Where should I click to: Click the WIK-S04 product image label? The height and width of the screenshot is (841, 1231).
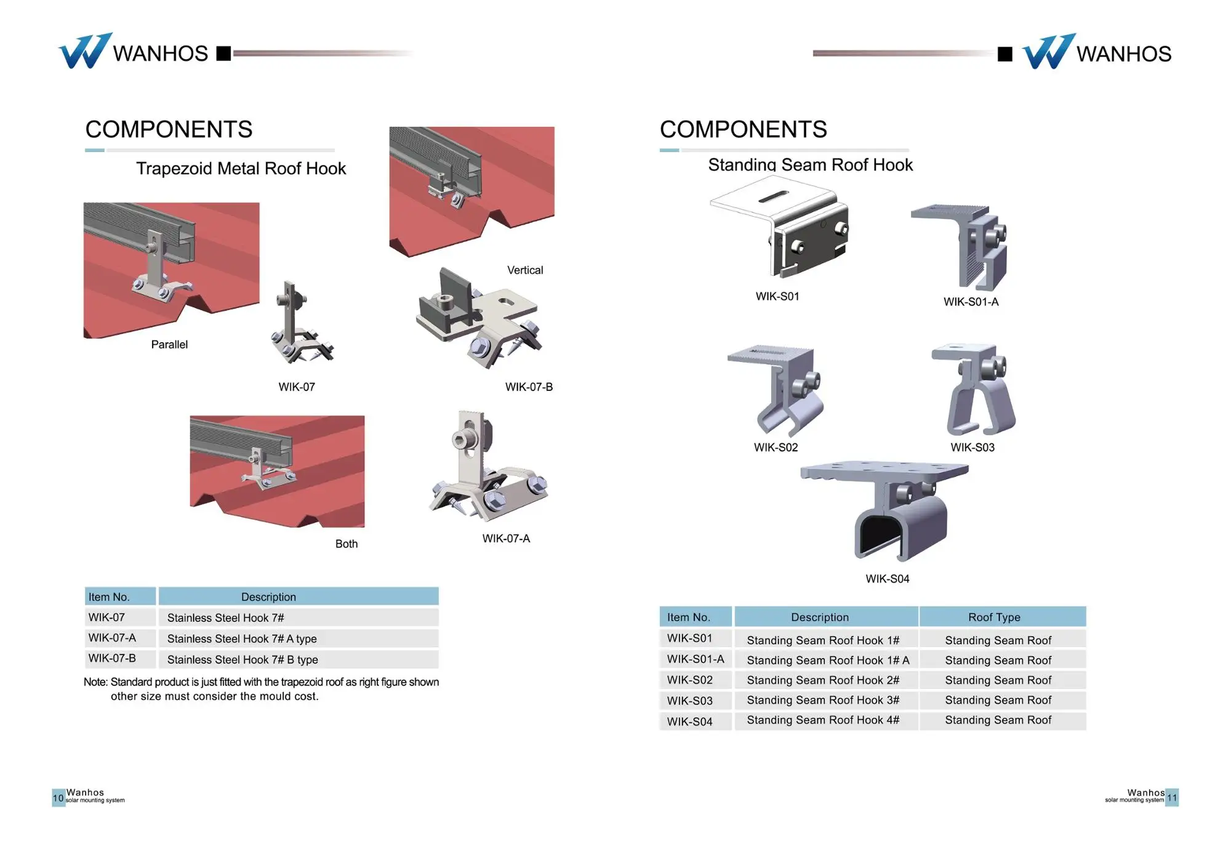(887, 579)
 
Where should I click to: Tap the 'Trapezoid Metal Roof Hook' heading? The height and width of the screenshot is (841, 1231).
(241, 169)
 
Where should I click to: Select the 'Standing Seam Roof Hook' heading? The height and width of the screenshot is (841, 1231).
(810, 165)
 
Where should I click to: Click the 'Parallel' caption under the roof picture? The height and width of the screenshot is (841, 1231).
(169, 345)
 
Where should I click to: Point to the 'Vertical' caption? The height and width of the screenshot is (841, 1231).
(524, 270)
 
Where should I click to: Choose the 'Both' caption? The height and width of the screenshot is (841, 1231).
(346, 544)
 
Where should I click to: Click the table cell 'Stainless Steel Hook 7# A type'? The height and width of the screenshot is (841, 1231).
(242, 639)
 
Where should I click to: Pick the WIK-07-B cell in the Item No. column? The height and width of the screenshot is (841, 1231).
(112, 659)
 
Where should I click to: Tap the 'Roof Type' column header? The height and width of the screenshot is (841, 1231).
(994, 618)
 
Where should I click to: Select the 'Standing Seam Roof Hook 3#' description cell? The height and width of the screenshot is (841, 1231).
(823, 701)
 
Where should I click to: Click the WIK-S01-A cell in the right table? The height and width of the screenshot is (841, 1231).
(696, 659)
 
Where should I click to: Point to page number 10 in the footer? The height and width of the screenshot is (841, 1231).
(58, 798)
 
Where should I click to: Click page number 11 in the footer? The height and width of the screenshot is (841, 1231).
(1172, 798)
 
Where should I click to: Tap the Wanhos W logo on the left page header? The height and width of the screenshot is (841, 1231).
(84, 51)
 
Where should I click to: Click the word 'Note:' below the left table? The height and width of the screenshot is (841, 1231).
(95, 682)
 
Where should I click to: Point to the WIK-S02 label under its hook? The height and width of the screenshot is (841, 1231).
(776, 448)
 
